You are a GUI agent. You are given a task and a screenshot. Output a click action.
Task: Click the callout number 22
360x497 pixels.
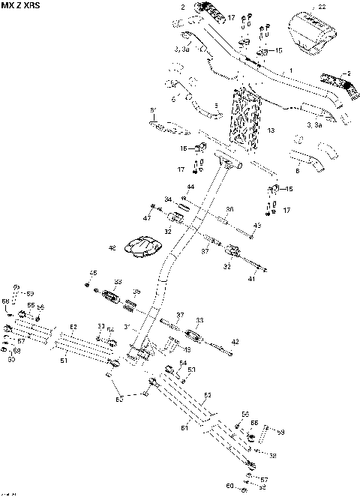322,7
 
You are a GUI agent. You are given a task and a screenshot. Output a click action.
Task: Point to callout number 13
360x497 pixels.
271,130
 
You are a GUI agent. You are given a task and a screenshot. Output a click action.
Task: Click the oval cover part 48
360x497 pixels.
144,247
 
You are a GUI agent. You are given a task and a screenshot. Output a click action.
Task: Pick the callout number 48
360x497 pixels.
112,247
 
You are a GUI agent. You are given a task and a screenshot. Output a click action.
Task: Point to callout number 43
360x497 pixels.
257,226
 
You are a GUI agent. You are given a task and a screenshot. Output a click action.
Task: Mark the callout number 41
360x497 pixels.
252,278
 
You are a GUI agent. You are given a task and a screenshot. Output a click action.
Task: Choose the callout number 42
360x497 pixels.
235,341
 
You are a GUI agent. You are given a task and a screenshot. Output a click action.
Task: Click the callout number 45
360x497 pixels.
94,272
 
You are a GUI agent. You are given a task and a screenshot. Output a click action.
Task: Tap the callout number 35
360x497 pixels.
136,292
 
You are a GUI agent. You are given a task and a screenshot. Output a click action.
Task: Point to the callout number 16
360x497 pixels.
183,148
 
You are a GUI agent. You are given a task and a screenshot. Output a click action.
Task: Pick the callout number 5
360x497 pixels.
216,105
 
